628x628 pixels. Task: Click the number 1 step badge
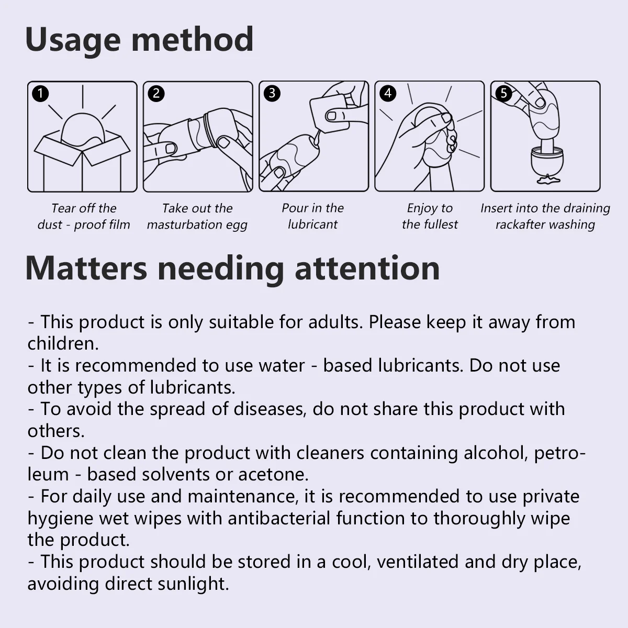[x=40, y=94]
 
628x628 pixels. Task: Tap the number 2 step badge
[x=156, y=94]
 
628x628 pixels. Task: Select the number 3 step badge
[x=272, y=93]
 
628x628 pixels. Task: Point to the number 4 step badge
[x=387, y=93]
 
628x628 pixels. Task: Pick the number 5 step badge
[x=503, y=93]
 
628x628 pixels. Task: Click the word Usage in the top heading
[x=73, y=40]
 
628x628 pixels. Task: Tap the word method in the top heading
[x=192, y=39]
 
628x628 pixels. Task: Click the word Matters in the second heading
[x=86, y=269]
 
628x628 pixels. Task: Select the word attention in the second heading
[x=367, y=268]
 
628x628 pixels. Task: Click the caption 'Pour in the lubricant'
[x=312, y=216]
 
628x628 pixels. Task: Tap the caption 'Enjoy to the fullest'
[x=430, y=216]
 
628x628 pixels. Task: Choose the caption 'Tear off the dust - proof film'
[x=83, y=216]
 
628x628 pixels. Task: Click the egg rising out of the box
[x=83, y=129]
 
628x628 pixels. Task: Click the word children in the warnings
[x=63, y=343]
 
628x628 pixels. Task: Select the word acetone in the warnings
[x=273, y=475]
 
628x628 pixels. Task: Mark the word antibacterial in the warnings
[x=279, y=518]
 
